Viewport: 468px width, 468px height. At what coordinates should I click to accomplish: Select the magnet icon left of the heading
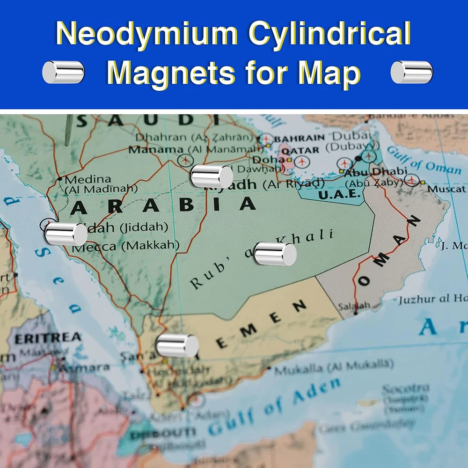click(63, 72)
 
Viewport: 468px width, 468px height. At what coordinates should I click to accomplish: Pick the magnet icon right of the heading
click(411, 72)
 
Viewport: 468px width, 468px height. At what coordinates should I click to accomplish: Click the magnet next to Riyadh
click(212, 176)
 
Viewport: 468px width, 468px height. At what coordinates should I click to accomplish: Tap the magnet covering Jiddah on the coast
click(66, 234)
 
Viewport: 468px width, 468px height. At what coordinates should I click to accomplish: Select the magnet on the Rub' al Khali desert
click(275, 254)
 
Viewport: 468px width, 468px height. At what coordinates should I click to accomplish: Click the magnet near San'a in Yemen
click(177, 345)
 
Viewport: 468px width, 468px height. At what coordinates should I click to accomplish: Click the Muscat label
click(446, 189)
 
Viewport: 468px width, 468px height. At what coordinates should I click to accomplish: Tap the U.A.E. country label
click(339, 194)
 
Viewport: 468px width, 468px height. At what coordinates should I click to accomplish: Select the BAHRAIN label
click(300, 138)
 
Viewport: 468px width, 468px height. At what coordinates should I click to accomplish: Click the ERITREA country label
click(48, 337)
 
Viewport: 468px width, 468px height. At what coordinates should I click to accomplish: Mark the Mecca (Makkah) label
click(126, 245)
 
